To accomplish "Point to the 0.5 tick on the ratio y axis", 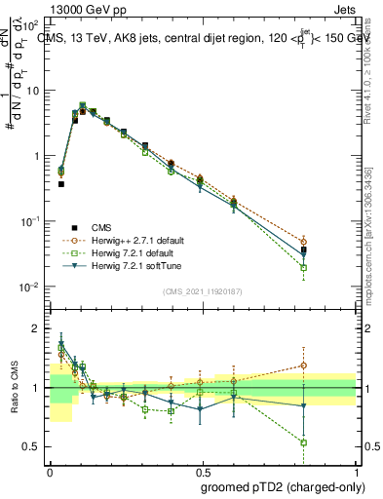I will pos(37,446).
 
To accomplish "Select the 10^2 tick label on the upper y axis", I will pos(33,24).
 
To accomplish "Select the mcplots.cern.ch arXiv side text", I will pos(374,224).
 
